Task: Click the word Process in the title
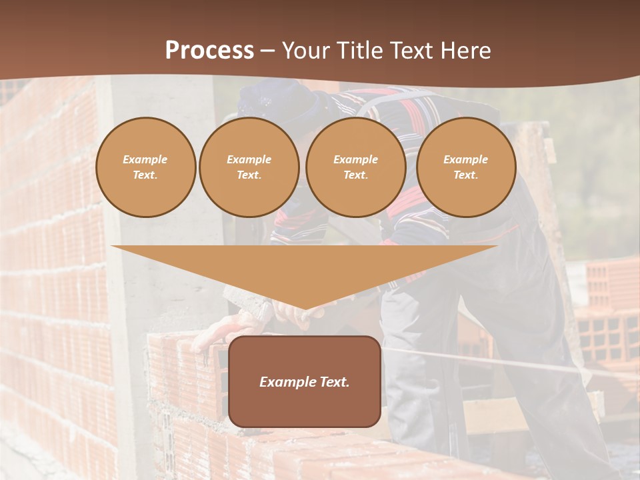tap(209, 51)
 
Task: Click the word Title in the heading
tap(357, 51)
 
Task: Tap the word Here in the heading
tap(465, 51)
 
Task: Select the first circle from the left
tap(145, 167)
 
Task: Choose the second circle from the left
tap(249, 167)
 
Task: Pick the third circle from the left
tap(355, 167)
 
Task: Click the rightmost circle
tap(465, 167)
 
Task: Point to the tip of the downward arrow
tap(305, 308)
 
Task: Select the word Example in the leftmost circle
tap(145, 159)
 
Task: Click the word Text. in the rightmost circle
tap(465, 175)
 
